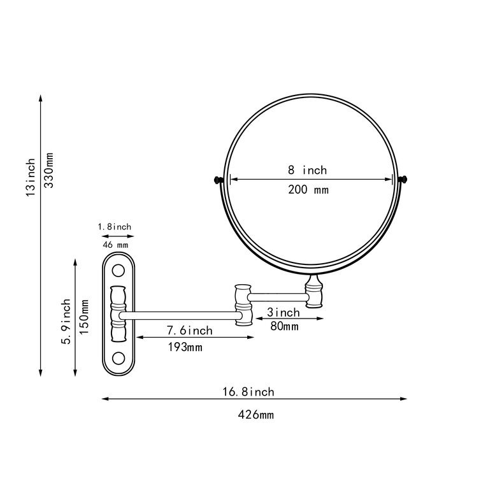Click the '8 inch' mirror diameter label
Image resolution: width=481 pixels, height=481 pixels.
(307, 170)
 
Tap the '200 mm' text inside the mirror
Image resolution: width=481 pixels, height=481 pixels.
(308, 190)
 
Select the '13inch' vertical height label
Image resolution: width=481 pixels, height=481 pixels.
(31, 177)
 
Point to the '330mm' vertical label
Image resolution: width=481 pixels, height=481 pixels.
(49, 170)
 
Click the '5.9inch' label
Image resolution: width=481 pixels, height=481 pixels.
(66, 321)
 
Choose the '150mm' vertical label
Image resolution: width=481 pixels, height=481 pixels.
(83, 317)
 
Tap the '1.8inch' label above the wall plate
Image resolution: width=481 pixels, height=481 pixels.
(115, 227)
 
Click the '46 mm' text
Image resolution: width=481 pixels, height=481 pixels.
(115, 245)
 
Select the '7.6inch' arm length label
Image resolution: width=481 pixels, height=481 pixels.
(190, 331)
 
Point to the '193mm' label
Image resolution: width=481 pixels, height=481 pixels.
(185, 347)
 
